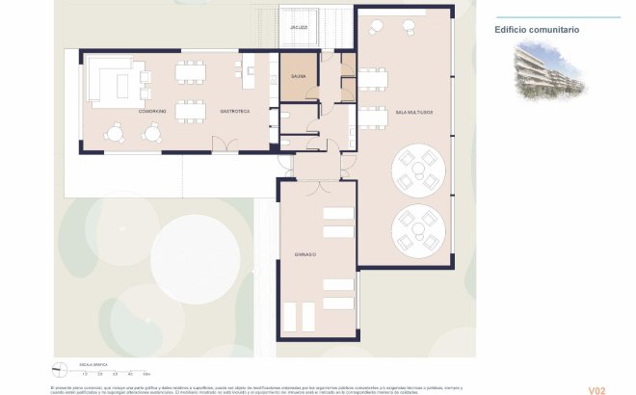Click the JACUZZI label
point(299,28)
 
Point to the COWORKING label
point(152,112)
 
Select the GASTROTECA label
point(235,112)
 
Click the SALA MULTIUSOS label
point(414,113)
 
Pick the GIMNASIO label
point(305,253)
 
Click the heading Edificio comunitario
point(537,30)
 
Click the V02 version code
point(596,390)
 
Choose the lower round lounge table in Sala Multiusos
point(419,230)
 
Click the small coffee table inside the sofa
point(121,86)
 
